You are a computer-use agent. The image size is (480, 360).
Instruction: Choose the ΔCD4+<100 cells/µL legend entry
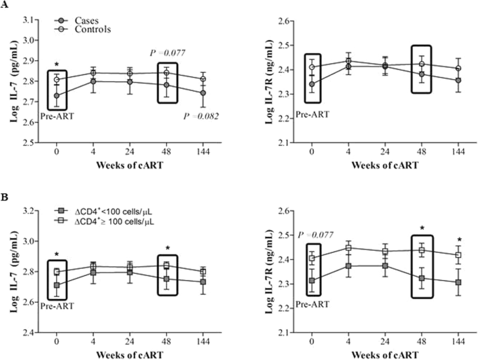click(x=116, y=210)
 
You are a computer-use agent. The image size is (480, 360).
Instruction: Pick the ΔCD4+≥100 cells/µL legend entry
click(x=116, y=221)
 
